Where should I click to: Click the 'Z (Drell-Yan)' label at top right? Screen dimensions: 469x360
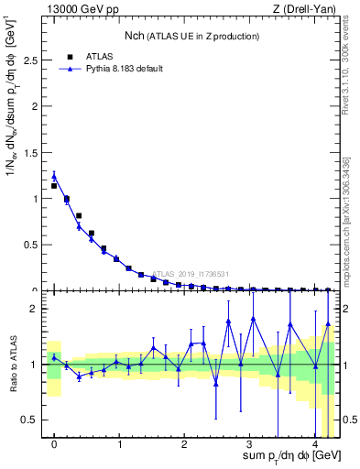pos(308,9)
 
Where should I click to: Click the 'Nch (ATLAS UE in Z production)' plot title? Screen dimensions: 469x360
pos(191,36)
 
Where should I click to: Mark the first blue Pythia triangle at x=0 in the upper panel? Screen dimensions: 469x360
pos(54,176)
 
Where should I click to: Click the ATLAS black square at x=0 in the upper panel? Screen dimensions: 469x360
pos(54,185)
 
